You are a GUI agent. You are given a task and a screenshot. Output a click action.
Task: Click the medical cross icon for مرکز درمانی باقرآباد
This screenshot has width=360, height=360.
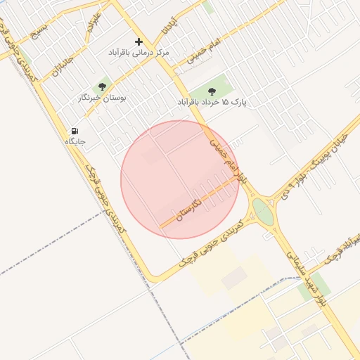139,42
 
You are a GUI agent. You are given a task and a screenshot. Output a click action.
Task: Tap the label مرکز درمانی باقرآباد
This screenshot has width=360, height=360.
139,53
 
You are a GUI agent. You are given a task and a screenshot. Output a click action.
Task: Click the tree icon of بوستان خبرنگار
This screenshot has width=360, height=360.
103,87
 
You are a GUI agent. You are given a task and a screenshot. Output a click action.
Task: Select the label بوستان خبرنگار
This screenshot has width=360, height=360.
103,98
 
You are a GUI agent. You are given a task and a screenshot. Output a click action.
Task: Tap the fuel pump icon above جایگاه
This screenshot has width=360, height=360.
75,131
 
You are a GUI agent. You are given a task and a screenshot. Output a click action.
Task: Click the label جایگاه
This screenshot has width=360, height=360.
75,141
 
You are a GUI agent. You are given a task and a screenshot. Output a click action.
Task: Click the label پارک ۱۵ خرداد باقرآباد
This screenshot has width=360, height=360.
214,102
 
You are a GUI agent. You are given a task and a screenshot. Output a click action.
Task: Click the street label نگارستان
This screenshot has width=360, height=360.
189,209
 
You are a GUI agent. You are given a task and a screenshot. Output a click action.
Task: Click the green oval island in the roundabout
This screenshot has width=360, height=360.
262,210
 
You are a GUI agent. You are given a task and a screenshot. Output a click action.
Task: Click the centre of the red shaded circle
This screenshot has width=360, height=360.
180,179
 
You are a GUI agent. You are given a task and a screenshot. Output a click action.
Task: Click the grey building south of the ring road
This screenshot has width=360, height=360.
234,279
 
